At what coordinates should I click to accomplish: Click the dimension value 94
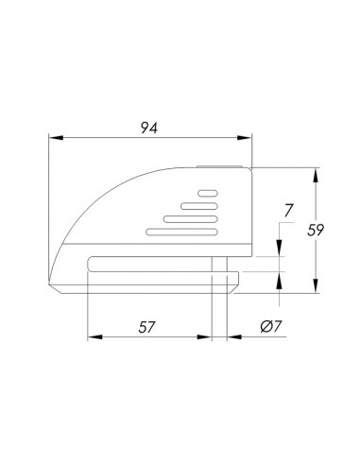(148, 128)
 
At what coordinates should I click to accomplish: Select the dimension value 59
(316, 230)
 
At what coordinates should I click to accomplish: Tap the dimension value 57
(146, 327)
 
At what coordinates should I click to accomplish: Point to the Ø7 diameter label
(271, 326)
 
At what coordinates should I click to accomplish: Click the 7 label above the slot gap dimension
(288, 211)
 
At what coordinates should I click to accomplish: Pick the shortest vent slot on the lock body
(208, 193)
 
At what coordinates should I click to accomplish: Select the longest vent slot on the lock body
(182, 232)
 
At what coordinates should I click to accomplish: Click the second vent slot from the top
(199, 206)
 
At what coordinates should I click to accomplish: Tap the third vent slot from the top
(191, 219)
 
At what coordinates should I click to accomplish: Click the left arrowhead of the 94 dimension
(56, 138)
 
